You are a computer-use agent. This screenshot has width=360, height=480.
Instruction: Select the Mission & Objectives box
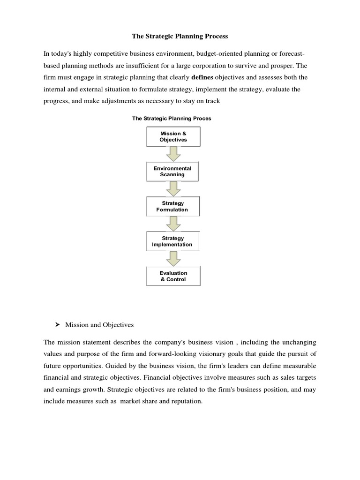click(x=173, y=136)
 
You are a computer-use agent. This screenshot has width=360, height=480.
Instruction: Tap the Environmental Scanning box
click(x=172, y=171)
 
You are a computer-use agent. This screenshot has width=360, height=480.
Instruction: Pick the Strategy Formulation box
click(x=172, y=207)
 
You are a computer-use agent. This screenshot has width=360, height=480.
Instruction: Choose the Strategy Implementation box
click(x=172, y=241)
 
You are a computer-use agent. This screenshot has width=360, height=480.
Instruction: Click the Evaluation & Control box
click(x=173, y=276)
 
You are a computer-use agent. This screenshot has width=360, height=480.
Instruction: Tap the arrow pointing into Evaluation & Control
click(x=173, y=259)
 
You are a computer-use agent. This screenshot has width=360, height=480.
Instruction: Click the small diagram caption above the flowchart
click(x=172, y=119)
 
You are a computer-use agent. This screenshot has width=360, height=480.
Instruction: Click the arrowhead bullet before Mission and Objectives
click(x=59, y=324)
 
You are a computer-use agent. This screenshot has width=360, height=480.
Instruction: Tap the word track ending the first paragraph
click(x=212, y=101)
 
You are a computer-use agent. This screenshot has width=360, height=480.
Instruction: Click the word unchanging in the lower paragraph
click(x=297, y=342)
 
